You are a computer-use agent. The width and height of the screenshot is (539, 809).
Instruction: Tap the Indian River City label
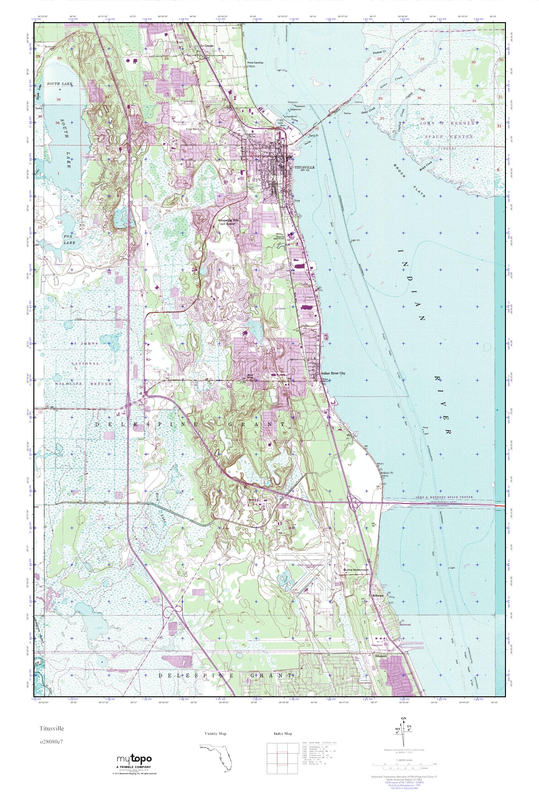tap(333, 373)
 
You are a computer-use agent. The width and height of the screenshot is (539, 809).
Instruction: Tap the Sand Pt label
tap(314, 136)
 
